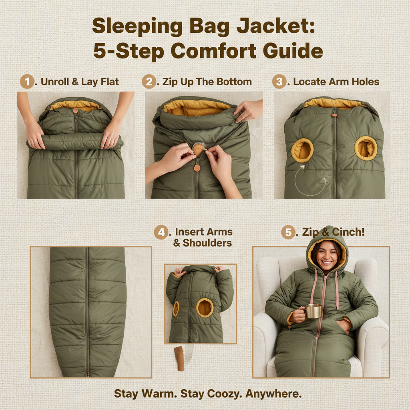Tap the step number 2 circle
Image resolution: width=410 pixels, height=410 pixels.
(x=149, y=82)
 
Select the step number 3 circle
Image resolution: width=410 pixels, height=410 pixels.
(x=279, y=82)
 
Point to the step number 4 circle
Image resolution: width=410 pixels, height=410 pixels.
(x=161, y=232)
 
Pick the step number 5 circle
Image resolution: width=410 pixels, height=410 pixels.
(x=288, y=232)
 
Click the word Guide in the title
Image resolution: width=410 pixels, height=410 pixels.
(x=291, y=51)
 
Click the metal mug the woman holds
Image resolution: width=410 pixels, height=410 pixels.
(x=313, y=311)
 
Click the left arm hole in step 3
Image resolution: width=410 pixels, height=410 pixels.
(x=302, y=150)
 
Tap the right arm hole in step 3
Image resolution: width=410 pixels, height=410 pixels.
(x=366, y=148)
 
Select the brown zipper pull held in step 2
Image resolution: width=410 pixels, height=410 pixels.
(x=197, y=167)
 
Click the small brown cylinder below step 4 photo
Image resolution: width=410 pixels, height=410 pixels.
(x=179, y=358)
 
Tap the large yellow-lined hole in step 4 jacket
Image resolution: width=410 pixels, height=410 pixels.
(x=205, y=307)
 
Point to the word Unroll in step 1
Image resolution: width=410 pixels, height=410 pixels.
(x=54, y=82)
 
